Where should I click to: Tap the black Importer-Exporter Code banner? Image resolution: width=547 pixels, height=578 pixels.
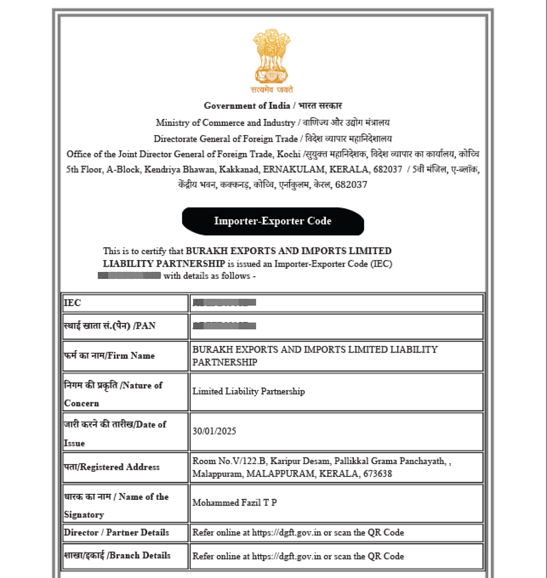273,221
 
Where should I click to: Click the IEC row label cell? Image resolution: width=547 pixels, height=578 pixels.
124,303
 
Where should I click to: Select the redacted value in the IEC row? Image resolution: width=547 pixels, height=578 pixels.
224,302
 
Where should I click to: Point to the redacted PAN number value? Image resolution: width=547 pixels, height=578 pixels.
224,325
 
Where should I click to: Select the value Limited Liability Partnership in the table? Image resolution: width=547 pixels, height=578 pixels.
248,392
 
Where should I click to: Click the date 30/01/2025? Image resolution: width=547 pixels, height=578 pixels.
214,431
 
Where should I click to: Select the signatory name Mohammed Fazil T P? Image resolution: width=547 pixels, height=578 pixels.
234,503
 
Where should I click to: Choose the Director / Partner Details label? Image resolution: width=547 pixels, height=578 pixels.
116,532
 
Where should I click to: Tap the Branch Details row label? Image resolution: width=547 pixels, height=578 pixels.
117,556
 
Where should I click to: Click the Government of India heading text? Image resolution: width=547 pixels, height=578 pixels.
247,106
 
